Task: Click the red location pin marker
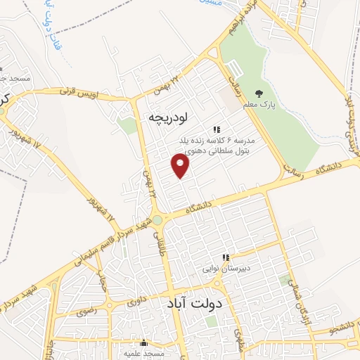tap(181, 166)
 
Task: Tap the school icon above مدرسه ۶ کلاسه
tap(217, 129)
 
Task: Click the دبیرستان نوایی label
tap(226, 269)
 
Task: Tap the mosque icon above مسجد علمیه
tap(144, 343)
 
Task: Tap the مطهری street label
tap(238, 337)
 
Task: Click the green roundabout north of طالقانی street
tap(157, 220)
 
